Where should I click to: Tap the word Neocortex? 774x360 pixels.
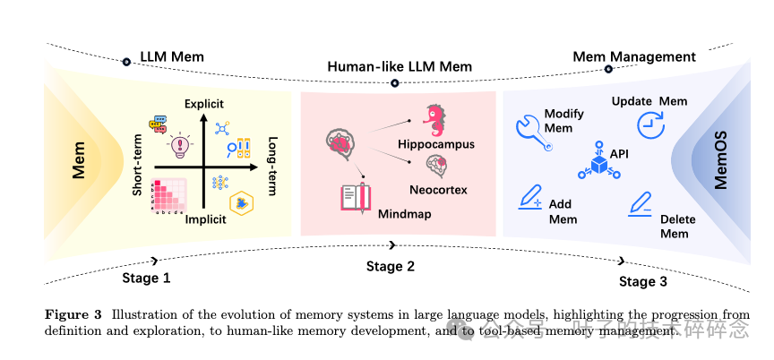pos(437,189)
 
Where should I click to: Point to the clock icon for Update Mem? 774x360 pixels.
pos(649,123)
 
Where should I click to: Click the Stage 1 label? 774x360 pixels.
pos(146,278)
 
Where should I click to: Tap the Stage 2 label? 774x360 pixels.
pos(391,266)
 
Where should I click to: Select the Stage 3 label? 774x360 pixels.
pos(643,282)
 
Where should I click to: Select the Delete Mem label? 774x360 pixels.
pos(675,226)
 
